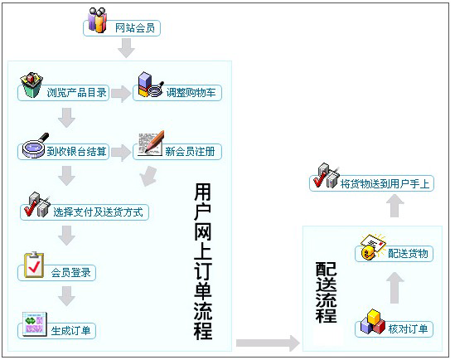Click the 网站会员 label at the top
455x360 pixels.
click(x=134, y=28)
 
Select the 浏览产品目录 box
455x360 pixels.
click(x=63, y=93)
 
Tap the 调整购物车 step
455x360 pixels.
click(x=177, y=93)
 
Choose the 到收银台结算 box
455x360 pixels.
click(x=63, y=152)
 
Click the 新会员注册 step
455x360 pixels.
click(x=177, y=152)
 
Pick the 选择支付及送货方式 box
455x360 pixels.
click(x=85, y=212)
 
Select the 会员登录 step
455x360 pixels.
click(x=57, y=273)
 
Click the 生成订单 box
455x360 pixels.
click(x=57, y=331)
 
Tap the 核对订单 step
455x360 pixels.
click(x=394, y=329)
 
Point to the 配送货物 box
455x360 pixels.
click(x=394, y=254)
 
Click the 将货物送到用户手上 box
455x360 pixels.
click(x=372, y=183)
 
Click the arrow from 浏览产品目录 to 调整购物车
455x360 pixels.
click(x=121, y=94)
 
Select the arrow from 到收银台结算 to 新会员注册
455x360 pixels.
click(x=121, y=153)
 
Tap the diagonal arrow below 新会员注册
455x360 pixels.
click(x=148, y=176)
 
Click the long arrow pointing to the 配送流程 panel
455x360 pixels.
click(x=268, y=343)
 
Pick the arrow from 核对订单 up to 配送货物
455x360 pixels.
click(x=395, y=288)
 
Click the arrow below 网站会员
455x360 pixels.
click(x=126, y=48)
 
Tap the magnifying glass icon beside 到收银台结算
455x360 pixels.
click(x=36, y=146)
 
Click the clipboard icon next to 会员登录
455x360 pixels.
click(x=34, y=265)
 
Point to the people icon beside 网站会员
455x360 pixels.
click(x=98, y=20)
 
